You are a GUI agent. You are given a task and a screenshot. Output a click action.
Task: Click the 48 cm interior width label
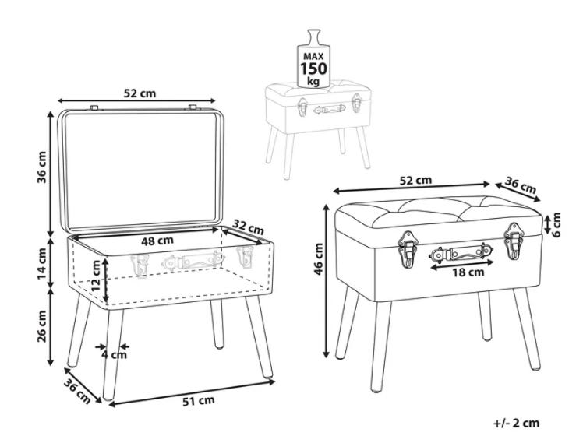click(157, 241)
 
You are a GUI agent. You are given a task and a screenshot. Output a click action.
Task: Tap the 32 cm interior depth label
click(248, 227)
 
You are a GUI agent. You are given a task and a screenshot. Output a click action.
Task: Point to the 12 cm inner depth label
click(96, 275)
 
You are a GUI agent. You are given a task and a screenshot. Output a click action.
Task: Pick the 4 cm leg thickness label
click(114, 355)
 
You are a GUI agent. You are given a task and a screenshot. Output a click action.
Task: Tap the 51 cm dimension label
click(199, 401)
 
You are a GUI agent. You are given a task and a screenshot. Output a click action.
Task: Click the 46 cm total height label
click(319, 259)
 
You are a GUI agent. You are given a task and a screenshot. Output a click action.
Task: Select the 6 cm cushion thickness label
click(556, 225)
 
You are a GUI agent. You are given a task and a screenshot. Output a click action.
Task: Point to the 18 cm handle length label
click(468, 272)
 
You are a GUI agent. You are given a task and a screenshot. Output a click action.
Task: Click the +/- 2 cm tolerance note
click(517, 423)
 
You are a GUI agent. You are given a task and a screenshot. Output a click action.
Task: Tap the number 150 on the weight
click(314, 69)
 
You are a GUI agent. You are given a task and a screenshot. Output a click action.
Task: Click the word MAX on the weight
click(313, 57)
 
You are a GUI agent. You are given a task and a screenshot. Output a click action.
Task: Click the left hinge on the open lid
click(94, 108)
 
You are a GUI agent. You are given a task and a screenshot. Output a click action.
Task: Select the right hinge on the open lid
click(193, 107)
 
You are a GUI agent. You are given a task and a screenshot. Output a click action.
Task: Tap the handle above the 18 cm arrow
click(461, 254)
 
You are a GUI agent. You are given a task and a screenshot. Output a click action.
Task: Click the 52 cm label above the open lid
click(140, 93)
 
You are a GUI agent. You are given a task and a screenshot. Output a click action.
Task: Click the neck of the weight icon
click(314, 37)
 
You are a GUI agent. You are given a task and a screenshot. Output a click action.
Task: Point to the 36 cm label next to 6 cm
click(521, 185)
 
